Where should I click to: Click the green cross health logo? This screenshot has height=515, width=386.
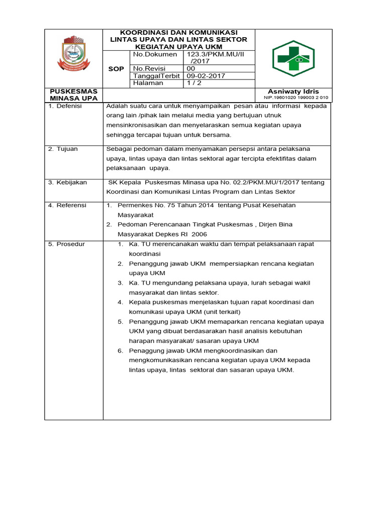click(x=293, y=58)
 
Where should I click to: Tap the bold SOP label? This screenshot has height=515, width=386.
click(x=116, y=68)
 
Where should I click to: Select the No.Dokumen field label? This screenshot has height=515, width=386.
click(x=155, y=54)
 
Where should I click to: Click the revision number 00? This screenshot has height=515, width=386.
click(x=191, y=68)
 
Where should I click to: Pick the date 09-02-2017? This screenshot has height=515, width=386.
click(x=206, y=76)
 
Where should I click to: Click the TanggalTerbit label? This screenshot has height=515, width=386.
click(x=155, y=76)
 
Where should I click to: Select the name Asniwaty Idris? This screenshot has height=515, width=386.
click(x=293, y=91)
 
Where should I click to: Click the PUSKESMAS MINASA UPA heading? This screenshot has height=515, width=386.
click(x=74, y=95)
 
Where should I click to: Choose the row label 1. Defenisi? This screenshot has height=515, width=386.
click(x=65, y=106)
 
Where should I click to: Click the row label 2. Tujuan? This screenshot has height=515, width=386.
click(x=63, y=149)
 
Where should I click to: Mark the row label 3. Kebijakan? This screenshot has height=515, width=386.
click(x=67, y=182)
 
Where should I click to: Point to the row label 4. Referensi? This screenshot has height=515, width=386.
click(x=67, y=205)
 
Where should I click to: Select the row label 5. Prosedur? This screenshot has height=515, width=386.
click(x=67, y=244)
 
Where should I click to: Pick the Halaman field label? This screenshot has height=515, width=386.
click(x=148, y=83)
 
